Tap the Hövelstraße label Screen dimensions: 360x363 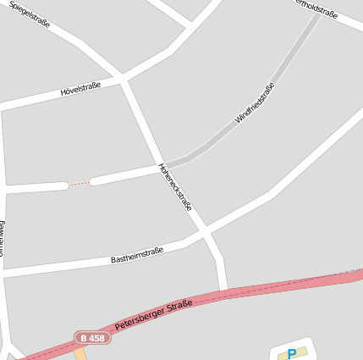80,88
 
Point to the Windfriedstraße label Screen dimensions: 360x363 255,103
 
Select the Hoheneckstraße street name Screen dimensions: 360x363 175,187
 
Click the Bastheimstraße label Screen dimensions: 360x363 137,255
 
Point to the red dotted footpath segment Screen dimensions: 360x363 79,183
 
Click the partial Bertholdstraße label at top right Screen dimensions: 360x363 318,9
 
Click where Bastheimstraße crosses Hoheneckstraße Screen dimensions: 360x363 204,230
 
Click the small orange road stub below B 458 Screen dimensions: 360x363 80,352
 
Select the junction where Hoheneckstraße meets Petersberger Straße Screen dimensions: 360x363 223,292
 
